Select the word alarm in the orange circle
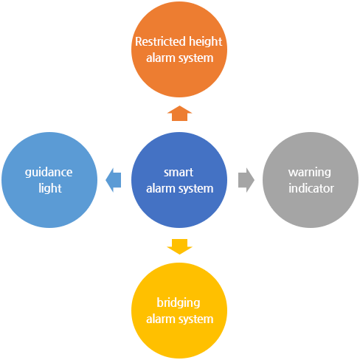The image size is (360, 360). [x=161, y=58]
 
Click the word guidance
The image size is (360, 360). [x=49, y=173]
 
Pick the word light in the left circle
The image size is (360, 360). [x=50, y=189]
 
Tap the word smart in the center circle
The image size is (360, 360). [x=179, y=173]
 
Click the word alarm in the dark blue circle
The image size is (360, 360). [x=161, y=189]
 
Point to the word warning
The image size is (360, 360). [x=310, y=173]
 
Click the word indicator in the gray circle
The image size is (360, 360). [x=311, y=188]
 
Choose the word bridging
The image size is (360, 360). [x=179, y=303]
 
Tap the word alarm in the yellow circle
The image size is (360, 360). [x=161, y=319]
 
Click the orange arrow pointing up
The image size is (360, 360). [x=179, y=114]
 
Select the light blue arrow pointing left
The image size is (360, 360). [x=113, y=180]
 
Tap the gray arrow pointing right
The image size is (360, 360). [x=246, y=180]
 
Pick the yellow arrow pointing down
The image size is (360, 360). [x=179, y=246]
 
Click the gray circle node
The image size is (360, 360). [x=311, y=180]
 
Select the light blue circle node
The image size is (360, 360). [x=49, y=180]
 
